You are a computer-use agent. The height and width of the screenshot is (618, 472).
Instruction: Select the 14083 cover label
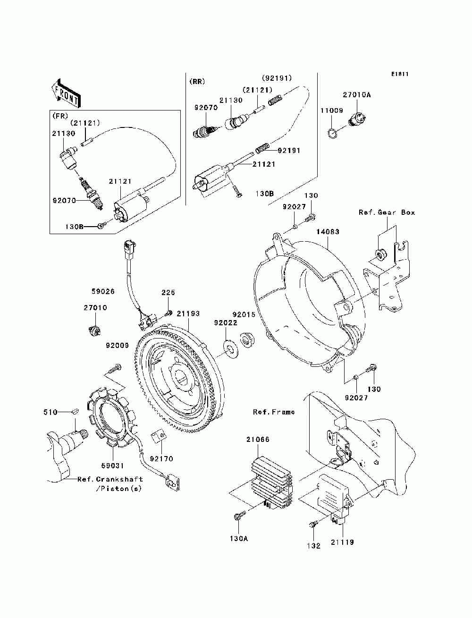coord(328,232)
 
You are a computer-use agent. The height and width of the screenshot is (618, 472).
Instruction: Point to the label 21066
coord(258,440)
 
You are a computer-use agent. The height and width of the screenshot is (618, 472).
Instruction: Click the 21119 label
coord(342,542)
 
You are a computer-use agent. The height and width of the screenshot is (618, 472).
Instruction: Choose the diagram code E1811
coord(399,74)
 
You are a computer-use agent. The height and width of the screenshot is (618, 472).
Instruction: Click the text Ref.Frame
coord(274,412)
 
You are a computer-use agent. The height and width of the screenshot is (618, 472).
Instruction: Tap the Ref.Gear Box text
coord(387,212)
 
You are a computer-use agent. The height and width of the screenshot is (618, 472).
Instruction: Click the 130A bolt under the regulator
coord(238,517)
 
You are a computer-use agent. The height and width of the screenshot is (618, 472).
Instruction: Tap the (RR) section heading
coord(197,82)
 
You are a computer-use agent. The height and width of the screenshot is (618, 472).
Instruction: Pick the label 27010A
coord(357,95)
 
